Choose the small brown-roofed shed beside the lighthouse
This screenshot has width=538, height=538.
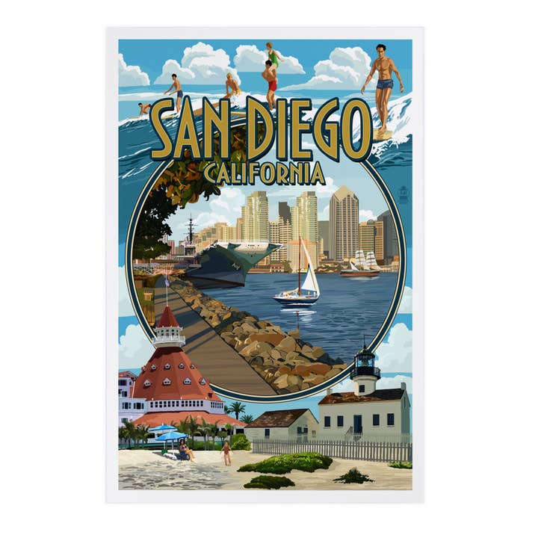point(281,424)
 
